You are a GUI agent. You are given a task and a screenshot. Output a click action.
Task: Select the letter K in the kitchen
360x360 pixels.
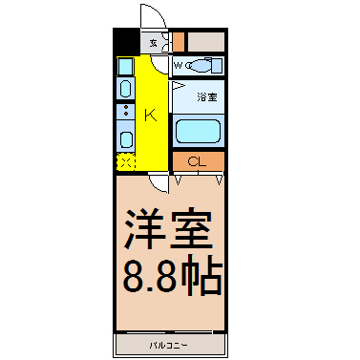tap(150, 116)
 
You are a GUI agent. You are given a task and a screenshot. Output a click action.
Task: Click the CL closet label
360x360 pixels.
tap(198, 160)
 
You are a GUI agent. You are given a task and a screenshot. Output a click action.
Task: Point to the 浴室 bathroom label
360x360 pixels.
tap(207, 96)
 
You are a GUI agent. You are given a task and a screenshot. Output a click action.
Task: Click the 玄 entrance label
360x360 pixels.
tap(153, 42)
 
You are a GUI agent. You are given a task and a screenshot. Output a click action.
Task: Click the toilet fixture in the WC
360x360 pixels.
tap(201, 66)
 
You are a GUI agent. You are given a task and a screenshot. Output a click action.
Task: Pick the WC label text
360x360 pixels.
tap(179, 65)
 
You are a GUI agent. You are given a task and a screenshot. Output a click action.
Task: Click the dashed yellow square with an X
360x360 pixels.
tap(125, 161)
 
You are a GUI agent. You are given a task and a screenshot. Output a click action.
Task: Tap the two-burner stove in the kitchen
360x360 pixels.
tap(125, 112)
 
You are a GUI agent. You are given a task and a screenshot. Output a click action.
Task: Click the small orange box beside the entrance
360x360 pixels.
tap(179, 42)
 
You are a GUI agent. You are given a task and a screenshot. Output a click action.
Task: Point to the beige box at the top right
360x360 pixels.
tap(205, 42)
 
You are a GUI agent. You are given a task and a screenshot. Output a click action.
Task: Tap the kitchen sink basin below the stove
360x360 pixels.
tap(125, 138)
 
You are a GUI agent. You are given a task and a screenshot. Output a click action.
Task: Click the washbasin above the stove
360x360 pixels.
tap(125, 88)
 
